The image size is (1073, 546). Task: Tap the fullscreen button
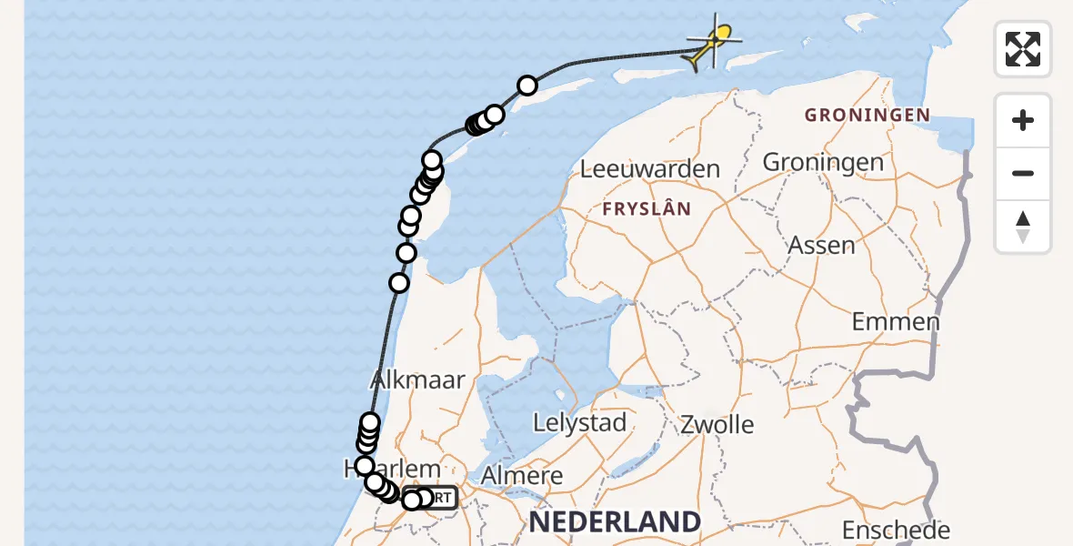[x=1023, y=49]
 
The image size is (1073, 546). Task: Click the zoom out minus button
[x=1023, y=173]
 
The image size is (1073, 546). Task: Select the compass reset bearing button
[x=1023, y=227]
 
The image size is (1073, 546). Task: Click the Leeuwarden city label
[x=649, y=168]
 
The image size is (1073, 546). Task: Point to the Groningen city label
[x=823, y=162]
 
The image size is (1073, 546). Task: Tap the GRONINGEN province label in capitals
[x=867, y=115]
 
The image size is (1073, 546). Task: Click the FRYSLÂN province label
[x=647, y=208]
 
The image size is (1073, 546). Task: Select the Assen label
[x=821, y=245]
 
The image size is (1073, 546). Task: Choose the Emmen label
[x=896, y=321]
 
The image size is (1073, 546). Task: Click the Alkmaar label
[x=418, y=379]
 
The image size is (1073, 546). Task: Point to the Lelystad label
[x=580, y=422]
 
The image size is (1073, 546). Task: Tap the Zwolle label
[x=717, y=424]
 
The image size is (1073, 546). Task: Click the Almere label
[x=521, y=475]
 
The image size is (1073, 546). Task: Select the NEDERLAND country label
[x=616, y=521]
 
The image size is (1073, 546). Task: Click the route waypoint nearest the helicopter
[x=527, y=86]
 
